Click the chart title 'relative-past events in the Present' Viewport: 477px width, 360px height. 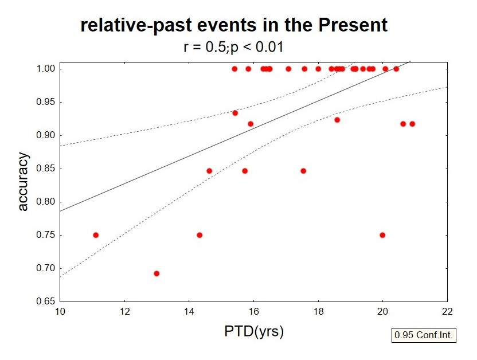point(234,25)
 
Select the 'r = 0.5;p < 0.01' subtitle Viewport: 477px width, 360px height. point(233,47)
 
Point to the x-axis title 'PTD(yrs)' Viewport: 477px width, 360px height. point(254,331)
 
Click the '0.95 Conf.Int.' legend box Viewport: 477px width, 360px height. point(424,335)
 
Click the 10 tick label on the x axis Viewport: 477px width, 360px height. point(60,311)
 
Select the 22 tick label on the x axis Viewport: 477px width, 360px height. point(447,311)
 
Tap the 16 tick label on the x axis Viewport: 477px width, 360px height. point(253,311)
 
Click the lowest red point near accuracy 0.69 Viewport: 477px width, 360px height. point(157,273)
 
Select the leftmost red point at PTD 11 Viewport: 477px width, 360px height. point(96,235)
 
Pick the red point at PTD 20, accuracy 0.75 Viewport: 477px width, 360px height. point(382,235)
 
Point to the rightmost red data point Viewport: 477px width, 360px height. point(412,124)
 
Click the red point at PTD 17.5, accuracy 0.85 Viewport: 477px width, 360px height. point(303,171)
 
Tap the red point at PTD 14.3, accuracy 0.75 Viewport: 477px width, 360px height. point(200,235)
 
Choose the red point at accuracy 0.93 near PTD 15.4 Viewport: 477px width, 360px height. point(235,113)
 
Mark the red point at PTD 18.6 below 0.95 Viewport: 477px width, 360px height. point(337,120)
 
